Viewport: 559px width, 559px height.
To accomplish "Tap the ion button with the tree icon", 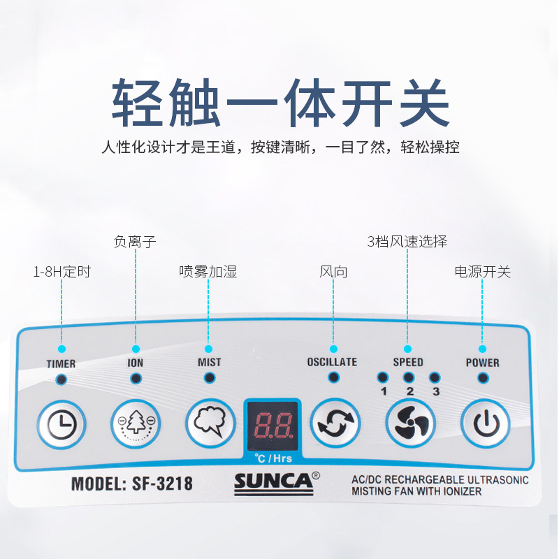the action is [x=136, y=422].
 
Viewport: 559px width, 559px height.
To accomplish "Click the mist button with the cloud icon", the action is [x=210, y=422].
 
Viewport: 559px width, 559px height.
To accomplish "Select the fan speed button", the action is [x=410, y=422].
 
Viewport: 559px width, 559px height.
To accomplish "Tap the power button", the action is [x=484, y=422].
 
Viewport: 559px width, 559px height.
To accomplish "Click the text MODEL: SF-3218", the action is [x=132, y=483].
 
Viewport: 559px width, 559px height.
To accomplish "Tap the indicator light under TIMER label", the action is [x=61, y=379].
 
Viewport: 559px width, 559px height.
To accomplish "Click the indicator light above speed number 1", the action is [x=382, y=377].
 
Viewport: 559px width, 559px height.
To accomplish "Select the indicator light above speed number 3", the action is [x=435, y=377].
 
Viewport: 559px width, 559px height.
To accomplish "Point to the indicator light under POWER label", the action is [x=482, y=378].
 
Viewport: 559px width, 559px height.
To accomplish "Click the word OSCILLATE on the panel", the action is [x=332, y=362].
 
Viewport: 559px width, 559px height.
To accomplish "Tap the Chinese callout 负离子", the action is [x=135, y=242].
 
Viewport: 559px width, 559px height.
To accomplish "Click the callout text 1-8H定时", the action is [x=62, y=272].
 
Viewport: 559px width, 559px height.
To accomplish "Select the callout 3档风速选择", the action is [x=407, y=242].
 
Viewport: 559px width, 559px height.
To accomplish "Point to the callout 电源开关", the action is [x=482, y=272].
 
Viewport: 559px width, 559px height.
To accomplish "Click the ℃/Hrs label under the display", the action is [x=272, y=458].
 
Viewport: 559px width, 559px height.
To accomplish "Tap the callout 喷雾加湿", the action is [x=208, y=272].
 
